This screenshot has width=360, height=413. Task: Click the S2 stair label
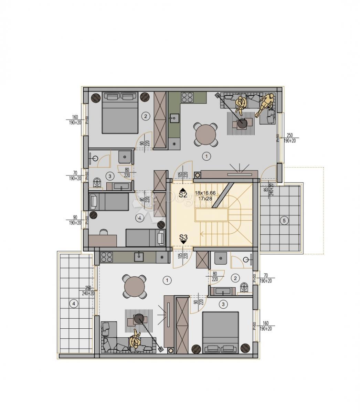pos(182,194)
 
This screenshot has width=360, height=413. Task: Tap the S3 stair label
pos(183,237)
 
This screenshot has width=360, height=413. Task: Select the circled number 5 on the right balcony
pos(284,221)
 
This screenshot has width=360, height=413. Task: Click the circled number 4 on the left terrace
pos(73,303)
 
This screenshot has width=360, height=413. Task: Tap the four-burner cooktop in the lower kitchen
pos(107,257)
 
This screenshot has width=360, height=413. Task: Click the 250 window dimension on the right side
pos(290,135)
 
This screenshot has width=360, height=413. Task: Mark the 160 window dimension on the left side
pos(75,116)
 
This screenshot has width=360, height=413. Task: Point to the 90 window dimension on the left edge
pos(75,218)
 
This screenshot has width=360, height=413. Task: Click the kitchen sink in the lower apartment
pos(139,256)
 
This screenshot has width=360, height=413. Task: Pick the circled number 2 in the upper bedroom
pos(146,116)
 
